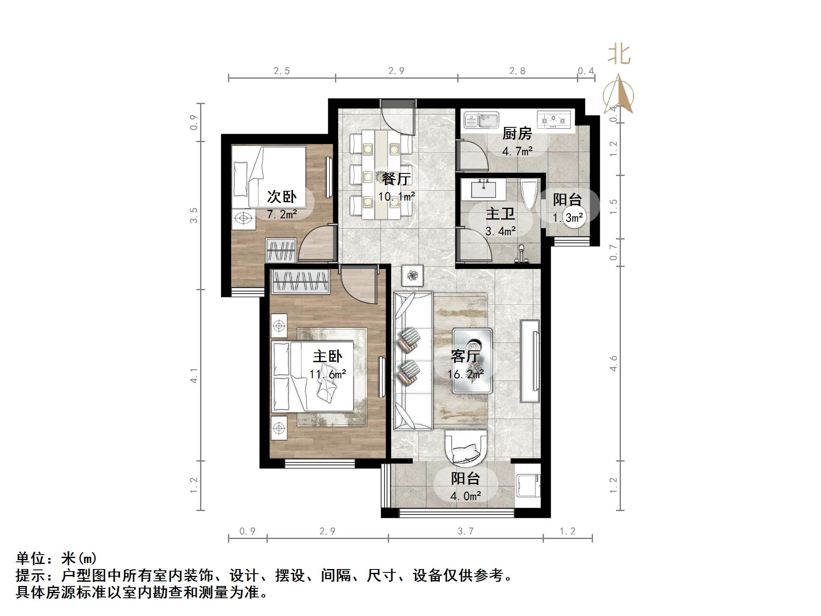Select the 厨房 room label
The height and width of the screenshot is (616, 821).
click(x=517, y=134)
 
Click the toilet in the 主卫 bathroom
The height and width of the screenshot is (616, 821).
click(x=530, y=195)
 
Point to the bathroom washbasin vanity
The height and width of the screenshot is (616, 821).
click(x=483, y=189)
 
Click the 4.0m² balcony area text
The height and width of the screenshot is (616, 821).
click(x=465, y=496)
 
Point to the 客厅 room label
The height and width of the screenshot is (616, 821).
click(x=465, y=356)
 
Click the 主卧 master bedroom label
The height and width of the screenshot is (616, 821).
click(x=327, y=356)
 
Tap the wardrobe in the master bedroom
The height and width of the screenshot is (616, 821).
click(x=301, y=281)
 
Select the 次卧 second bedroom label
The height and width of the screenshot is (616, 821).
click(x=282, y=197)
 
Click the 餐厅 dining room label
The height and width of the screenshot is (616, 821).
click(x=396, y=179)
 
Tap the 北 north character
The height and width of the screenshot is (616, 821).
click(x=619, y=55)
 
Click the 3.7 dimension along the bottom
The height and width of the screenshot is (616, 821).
click(x=465, y=531)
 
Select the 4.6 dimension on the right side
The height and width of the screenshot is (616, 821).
click(x=613, y=363)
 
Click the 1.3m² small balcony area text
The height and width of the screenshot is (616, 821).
click(x=568, y=218)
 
